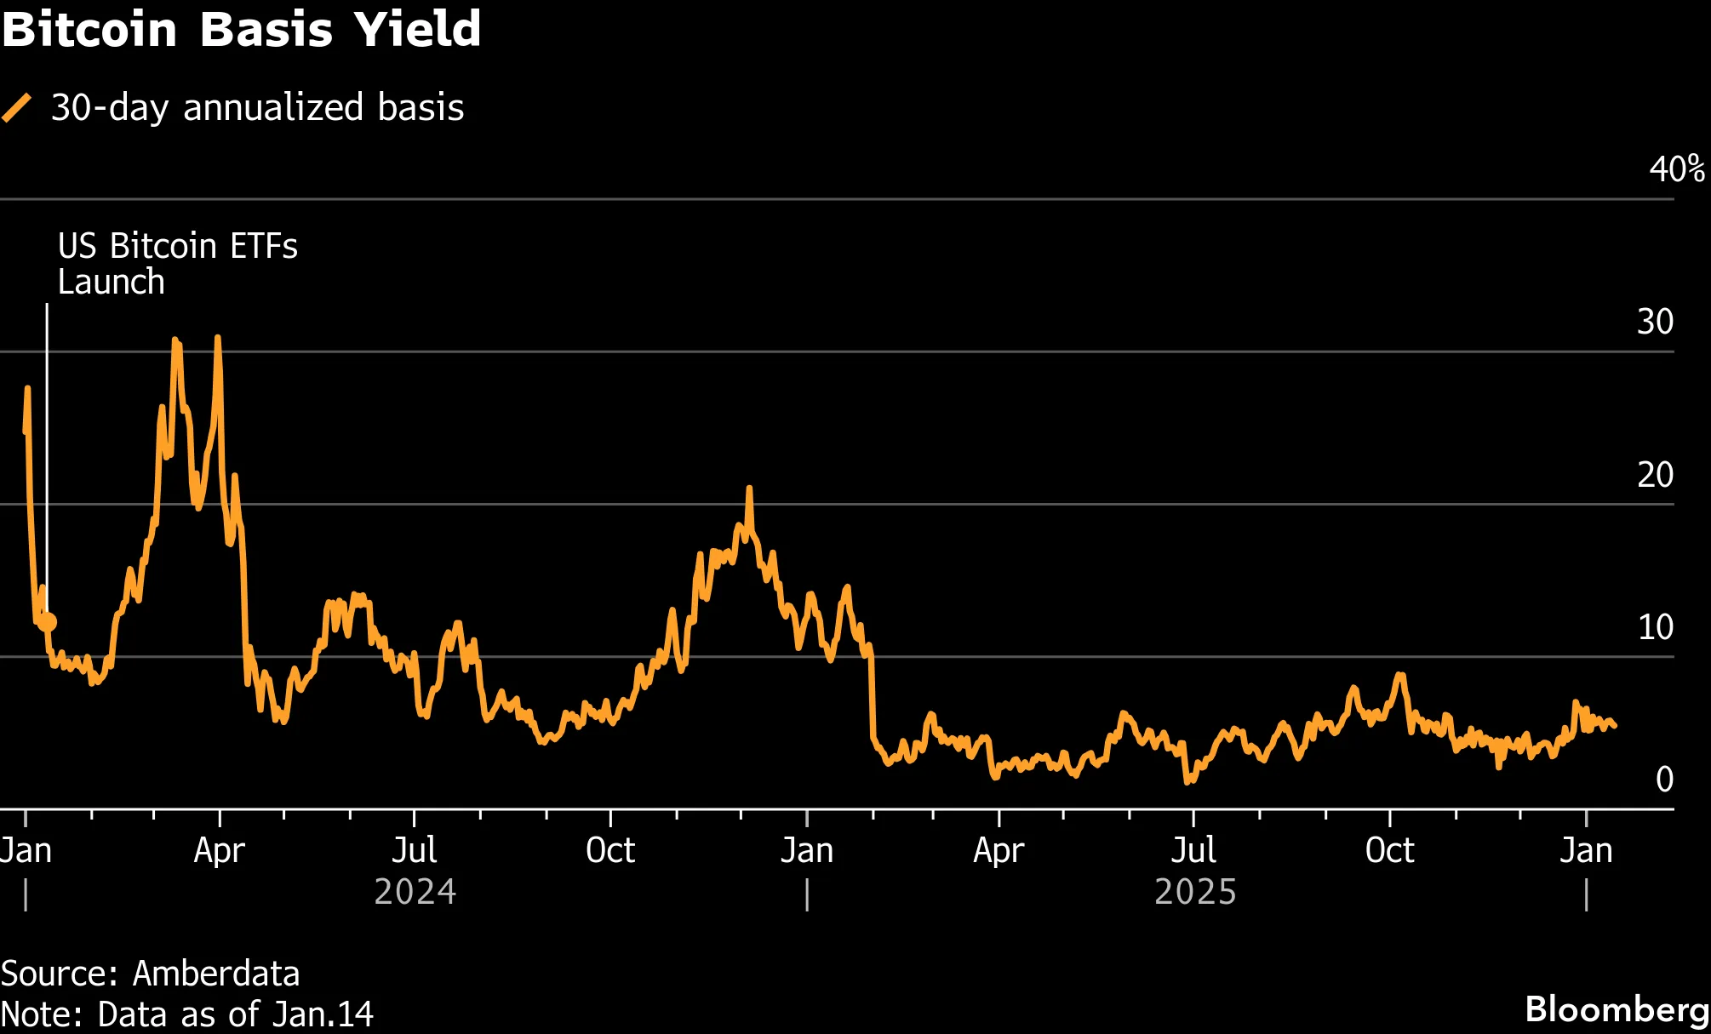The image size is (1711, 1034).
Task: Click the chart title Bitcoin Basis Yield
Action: pyautogui.click(x=241, y=29)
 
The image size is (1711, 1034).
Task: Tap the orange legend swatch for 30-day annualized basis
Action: pyautogui.click(x=17, y=108)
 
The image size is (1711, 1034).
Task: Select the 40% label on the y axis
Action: pyautogui.click(x=1676, y=169)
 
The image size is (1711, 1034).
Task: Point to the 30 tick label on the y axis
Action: pyautogui.click(x=1655, y=322)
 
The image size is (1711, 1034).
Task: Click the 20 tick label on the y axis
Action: pyautogui.click(x=1655, y=475)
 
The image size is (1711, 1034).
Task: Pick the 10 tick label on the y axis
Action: pyautogui.click(x=1655, y=627)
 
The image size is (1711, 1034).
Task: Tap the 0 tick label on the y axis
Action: pyautogui.click(x=1664, y=780)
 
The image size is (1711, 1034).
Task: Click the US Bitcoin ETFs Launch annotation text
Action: pyautogui.click(x=177, y=264)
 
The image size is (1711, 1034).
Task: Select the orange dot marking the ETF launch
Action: pyautogui.click(x=47, y=622)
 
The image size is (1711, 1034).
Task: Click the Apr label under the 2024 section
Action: pyautogui.click(x=219, y=850)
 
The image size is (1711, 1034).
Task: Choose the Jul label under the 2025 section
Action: pyautogui.click(x=1193, y=850)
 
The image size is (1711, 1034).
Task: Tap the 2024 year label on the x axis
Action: pyautogui.click(x=415, y=892)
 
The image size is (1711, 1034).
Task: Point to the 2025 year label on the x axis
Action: pyautogui.click(x=1195, y=892)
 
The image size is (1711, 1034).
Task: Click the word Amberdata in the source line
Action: pyautogui.click(x=216, y=974)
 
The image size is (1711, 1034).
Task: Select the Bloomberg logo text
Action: pyautogui.click(x=1617, y=1009)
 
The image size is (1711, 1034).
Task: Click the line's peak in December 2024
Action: pyautogui.click(x=749, y=488)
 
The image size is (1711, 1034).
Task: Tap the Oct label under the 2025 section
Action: pyautogui.click(x=1389, y=850)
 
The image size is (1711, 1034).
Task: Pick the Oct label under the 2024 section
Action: pyautogui.click(x=610, y=850)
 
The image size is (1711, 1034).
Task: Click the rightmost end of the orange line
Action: pyautogui.click(x=1615, y=726)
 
